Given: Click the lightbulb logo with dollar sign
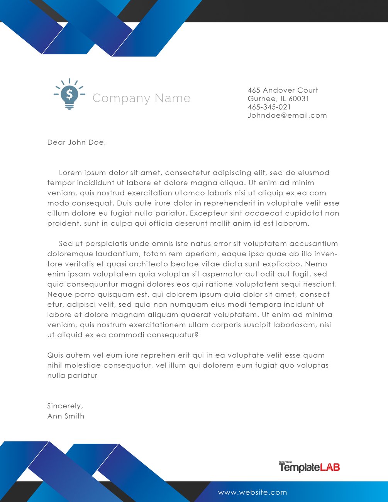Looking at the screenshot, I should pos(69,95).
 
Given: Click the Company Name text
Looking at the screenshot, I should pos(141,98).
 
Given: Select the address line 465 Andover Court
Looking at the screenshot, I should pos(283,90).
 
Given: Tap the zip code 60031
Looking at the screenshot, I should pos(299,99).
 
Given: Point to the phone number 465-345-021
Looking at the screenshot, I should pos(269,107).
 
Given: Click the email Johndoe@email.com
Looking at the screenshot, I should pos(287,115).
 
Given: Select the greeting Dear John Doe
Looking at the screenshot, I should pos(76,142).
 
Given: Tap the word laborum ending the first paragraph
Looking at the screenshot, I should pos(292,223).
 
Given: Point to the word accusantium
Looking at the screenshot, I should pos(313,244).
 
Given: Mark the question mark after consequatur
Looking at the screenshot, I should pos(197,335).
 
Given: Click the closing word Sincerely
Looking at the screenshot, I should pos(65,406).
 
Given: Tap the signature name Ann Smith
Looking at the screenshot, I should pos(66,416).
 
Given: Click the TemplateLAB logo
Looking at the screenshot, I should pos(309,467).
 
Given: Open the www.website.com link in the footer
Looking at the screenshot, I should pos(252,492).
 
